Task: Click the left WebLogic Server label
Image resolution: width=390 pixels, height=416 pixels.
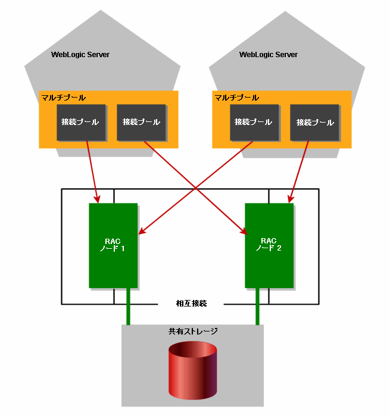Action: tap(80, 55)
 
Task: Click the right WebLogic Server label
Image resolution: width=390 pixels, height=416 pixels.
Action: tap(269, 55)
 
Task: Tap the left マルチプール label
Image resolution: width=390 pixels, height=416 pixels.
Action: tap(64, 98)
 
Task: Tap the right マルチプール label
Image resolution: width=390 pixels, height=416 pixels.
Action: tap(236, 98)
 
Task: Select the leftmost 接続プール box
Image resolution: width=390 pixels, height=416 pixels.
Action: tap(81, 123)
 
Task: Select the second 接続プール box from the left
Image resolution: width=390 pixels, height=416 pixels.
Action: tap(141, 123)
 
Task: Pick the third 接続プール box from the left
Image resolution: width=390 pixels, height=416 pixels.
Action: tap(254, 123)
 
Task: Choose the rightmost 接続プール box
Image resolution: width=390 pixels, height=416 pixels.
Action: tap(314, 123)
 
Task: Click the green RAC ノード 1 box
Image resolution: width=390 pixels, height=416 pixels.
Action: tap(113, 245)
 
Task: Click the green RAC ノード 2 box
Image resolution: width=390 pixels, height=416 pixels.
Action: tap(269, 245)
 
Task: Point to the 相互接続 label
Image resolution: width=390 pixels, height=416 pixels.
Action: tap(191, 304)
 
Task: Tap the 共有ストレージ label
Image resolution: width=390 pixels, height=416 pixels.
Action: tap(193, 331)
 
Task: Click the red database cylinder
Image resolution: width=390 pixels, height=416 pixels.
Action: tap(193, 370)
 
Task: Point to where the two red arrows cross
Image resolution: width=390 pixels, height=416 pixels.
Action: tap(195, 188)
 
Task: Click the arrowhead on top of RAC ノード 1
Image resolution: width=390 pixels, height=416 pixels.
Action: tap(97, 199)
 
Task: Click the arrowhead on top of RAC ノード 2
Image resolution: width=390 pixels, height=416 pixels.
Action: tap(291, 199)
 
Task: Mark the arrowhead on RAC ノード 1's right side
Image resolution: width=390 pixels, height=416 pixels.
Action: tap(142, 231)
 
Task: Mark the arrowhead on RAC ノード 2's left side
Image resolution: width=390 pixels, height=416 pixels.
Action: tap(244, 231)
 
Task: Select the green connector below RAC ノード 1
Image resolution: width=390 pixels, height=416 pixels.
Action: tap(128, 306)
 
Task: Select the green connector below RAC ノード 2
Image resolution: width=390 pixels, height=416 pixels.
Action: tap(257, 306)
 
